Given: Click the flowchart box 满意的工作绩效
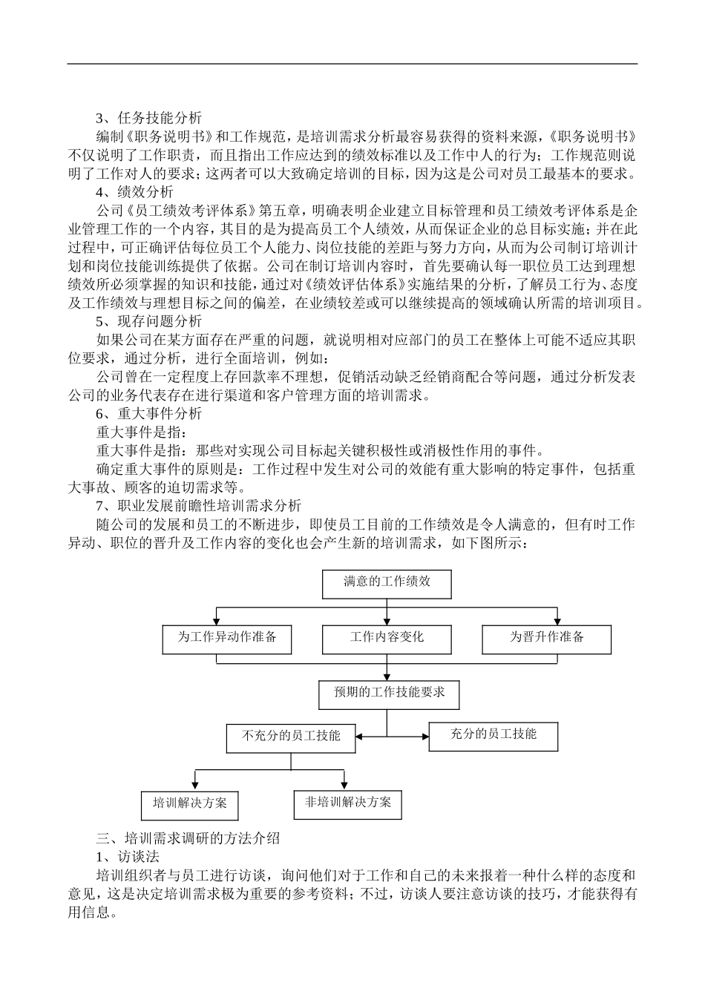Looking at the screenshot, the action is pos(387,583).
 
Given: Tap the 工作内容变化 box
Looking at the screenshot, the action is pos(387,639).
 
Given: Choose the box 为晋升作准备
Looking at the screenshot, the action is pos(547,639).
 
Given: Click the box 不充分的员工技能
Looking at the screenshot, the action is pos(291,737).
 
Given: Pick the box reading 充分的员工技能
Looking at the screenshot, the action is pos(493,736).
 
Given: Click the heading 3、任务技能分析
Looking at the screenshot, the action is pos(148,118).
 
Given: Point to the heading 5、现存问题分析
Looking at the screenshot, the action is pos(148,321).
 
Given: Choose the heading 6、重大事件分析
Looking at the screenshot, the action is pos(148,413).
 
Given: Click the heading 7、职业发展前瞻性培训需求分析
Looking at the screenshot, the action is pos(198,506).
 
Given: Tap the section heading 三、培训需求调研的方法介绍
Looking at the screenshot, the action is pos(188,839).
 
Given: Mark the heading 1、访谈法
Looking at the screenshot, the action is pos(127,857).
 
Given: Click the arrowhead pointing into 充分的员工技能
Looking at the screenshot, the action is pos(425,737).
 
